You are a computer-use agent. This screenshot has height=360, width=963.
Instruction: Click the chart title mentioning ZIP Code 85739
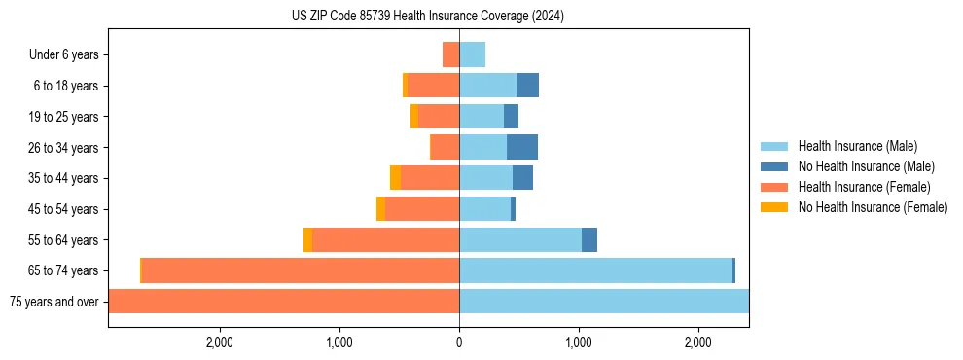(x=427, y=17)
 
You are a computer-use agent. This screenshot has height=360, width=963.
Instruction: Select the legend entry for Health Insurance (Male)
(x=857, y=146)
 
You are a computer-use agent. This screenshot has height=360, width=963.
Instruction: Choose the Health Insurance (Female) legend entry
(x=864, y=187)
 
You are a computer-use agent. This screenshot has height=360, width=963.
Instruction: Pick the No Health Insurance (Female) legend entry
(x=873, y=207)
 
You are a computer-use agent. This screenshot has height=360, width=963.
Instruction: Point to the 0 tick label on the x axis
(x=459, y=342)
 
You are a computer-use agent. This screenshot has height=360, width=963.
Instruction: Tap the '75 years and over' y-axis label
(x=54, y=302)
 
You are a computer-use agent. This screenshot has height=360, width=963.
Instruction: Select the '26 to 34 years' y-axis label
(x=63, y=148)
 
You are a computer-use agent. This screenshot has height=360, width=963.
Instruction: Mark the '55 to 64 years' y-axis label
(x=63, y=240)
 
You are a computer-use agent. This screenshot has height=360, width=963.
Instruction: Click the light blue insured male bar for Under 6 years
(x=472, y=54)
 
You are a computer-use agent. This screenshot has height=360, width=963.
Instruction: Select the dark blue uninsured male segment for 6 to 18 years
(x=527, y=86)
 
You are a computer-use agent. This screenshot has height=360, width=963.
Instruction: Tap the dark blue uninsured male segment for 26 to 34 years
(x=522, y=147)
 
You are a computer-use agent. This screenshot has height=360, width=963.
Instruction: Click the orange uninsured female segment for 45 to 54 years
(x=380, y=209)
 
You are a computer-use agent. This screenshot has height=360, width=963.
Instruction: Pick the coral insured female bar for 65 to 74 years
(x=301, y=270)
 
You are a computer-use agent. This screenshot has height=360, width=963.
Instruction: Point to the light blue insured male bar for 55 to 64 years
(x=520, y=240)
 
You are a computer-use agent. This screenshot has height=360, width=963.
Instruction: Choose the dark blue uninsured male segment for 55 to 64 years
(x=589, y=240)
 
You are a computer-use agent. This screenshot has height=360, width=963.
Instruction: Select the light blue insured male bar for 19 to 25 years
(x=481, y=117)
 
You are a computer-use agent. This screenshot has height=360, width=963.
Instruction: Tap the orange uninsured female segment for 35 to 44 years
(x=395, y=178)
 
